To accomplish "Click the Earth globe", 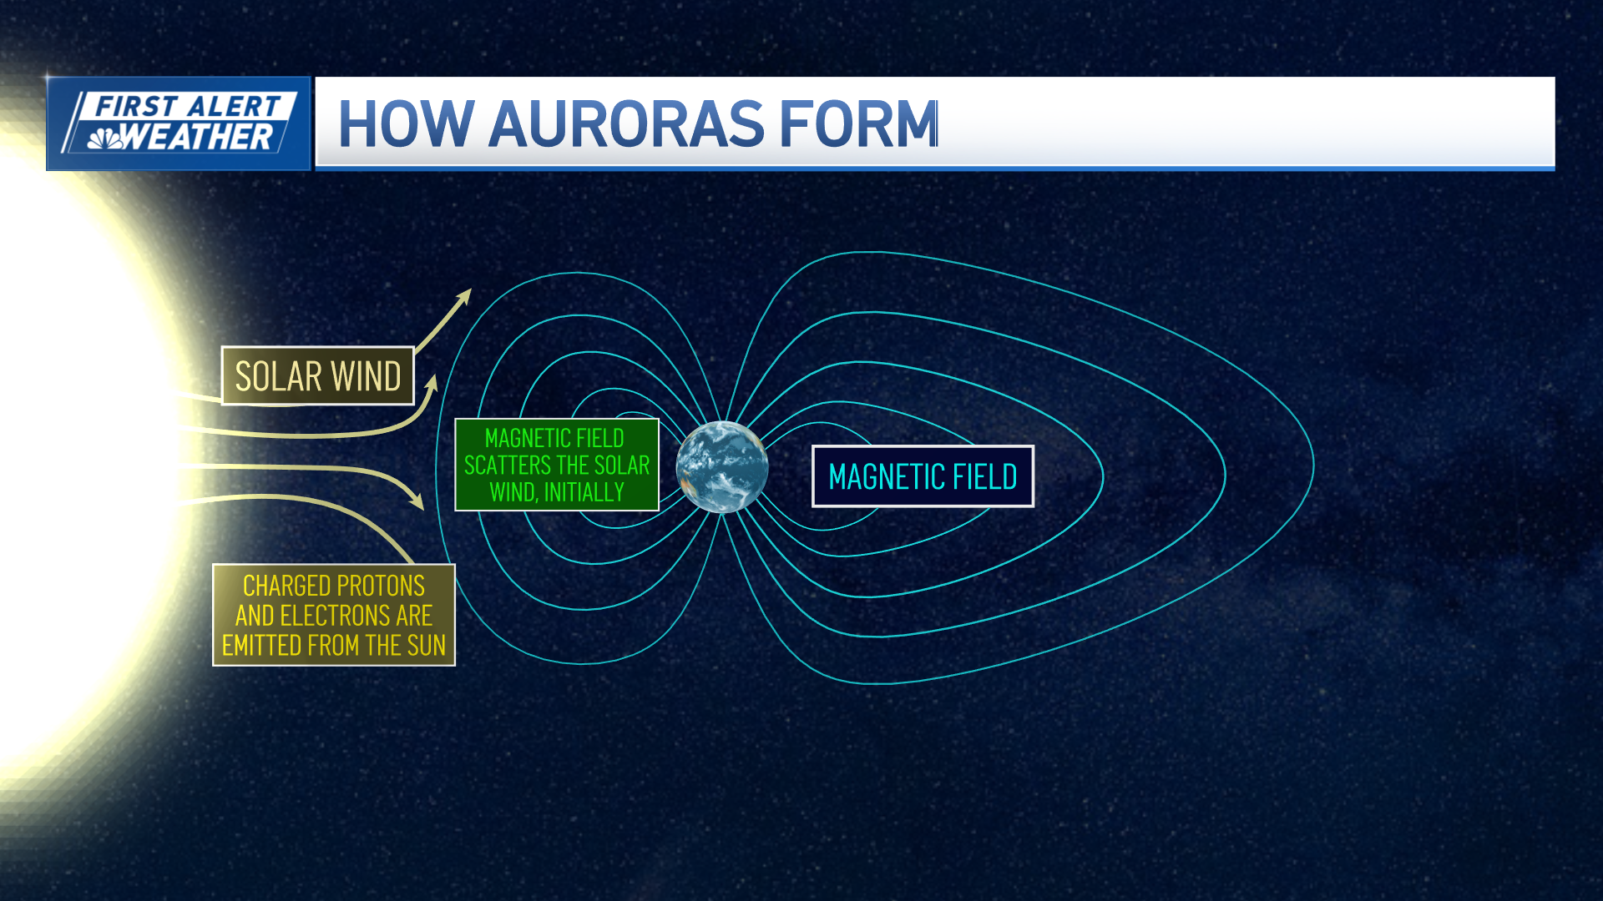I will [722, 466].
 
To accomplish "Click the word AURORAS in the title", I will [626, 124].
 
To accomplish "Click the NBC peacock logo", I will [105, 138].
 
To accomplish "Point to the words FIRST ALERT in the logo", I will [188, 107].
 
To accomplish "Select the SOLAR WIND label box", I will [318, 375].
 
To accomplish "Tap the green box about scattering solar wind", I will [557, 465].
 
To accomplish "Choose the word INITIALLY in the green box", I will [584, 492].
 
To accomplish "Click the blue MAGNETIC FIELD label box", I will [923, 476].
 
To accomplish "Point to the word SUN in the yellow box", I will [426, 646].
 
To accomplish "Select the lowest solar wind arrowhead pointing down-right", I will [416, 501].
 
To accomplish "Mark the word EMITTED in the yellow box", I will [260, 646].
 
